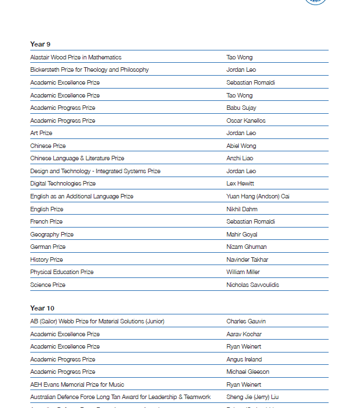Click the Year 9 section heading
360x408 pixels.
point(40,44)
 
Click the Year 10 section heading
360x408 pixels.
point(42,308)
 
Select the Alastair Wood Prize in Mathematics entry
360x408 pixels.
point(76,57)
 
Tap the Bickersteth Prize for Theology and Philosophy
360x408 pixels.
point(89,69)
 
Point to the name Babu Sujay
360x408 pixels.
point(241,108)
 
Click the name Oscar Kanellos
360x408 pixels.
point(246,120)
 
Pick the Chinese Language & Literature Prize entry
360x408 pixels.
point(77,158)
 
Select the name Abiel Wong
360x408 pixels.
point(241,146)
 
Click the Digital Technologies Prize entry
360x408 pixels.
point(63,183)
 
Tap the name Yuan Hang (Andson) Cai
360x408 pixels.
point(258,196)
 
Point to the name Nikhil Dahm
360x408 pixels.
point(242,209)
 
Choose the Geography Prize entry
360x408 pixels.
point(52,234)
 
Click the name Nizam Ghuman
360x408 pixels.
point(246,247)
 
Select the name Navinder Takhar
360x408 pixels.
point(247,259)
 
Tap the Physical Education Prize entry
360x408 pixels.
point(62,272)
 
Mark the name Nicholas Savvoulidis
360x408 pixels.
point(252,285)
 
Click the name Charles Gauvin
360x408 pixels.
point(246,321)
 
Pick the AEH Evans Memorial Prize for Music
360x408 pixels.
point(77,384)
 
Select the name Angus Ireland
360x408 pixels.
point(244,359)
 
